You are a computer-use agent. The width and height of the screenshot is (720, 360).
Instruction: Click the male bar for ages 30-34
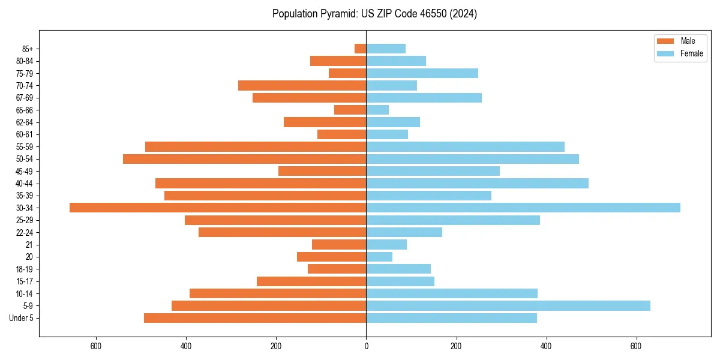click(x=218, y=208)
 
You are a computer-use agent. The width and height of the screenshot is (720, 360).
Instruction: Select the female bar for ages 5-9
click(x=508, y=305)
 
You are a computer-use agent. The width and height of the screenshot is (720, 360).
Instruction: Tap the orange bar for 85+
click(x=360, y=49)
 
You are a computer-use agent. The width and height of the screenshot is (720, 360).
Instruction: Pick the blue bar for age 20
click(x=379, y=257)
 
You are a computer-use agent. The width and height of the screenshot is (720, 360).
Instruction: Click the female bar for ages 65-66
click(x=377, y=110)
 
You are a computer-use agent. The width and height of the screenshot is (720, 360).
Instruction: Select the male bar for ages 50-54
click(x=244, y=159)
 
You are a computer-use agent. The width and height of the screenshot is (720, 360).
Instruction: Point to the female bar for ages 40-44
click(x=477, y=183)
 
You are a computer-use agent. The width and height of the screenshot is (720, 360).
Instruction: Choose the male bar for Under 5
click(x=255, y=318)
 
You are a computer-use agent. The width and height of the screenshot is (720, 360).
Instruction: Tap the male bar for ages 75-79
click(x=347, y=73)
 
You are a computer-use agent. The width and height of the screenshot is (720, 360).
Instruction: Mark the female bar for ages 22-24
click(x=404, y=232)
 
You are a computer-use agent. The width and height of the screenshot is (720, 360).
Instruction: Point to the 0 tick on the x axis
click(x=366, y=346)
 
